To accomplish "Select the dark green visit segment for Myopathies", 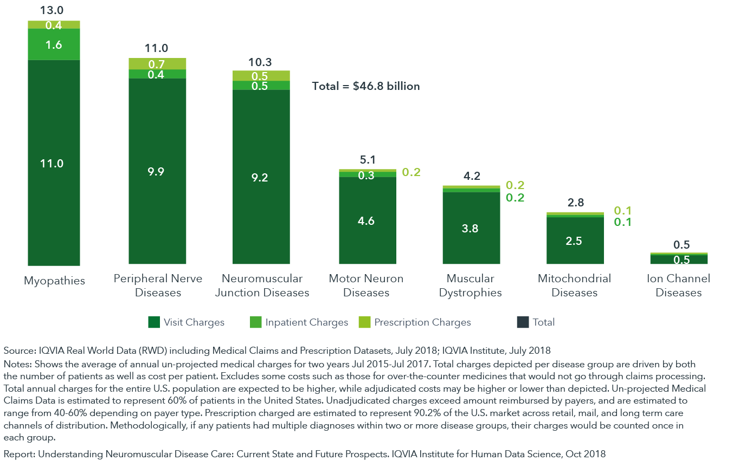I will coord(54,163).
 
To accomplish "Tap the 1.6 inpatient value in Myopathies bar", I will coord(54,44).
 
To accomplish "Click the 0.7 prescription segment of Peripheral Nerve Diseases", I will coord(157,64).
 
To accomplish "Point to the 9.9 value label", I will coord(157,172).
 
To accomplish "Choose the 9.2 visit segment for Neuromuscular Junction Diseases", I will coord(261,177).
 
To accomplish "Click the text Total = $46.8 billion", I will coord(366,86).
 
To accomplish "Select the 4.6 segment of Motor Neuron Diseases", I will coord(366,220).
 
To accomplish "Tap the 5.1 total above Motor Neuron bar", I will coord(366,160).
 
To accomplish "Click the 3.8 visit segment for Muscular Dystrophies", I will coord(470,228).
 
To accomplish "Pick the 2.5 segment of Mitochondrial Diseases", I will coord(574,241).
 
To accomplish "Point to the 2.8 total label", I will coord(575,203).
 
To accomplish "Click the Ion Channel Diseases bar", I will coord(678,259).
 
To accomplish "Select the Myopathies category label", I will coord(54,281).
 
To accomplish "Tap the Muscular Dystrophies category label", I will coord(470,286).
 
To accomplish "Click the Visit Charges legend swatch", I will coord(154,322).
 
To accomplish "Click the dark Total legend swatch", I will coord(523,322).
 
